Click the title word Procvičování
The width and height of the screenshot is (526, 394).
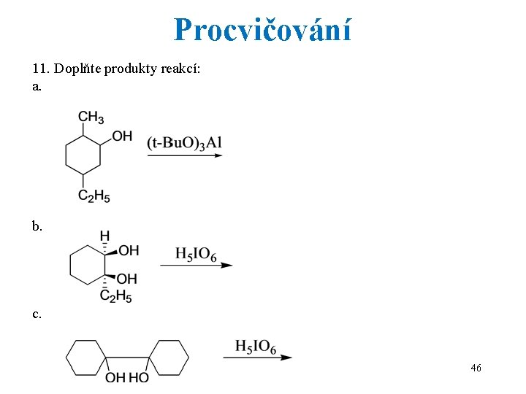click(x=262, y=30)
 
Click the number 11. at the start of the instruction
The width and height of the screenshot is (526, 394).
click(x=41, y=70)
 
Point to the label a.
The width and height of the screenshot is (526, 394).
click(x=37, y=86)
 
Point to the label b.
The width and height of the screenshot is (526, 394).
click(x=37, y=226)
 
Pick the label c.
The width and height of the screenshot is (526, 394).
click(x=37, y=314)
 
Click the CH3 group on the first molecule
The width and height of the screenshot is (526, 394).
click(x=91, y=117)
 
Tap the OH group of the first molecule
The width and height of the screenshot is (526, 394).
click(x=123, y=136)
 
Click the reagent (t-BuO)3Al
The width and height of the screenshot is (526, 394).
click(x=184, y=142)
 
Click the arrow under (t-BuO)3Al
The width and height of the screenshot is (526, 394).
click(x=185, y=155)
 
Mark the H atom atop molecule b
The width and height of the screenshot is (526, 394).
click(x=104, y=236)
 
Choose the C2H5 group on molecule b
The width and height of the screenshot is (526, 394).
click(x=115, y=295)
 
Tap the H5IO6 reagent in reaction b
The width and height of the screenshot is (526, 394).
click(x=196, y=254)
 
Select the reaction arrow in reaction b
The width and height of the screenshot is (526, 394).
click(x=196, y=265)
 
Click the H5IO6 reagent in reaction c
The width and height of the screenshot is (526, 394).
click(x=256, y=347)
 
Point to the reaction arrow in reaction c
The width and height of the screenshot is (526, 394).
click(x=257, y=358)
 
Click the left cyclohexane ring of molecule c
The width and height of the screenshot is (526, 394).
click(x=86, y=358)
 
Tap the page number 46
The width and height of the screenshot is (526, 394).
click(x=476, y=368)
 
